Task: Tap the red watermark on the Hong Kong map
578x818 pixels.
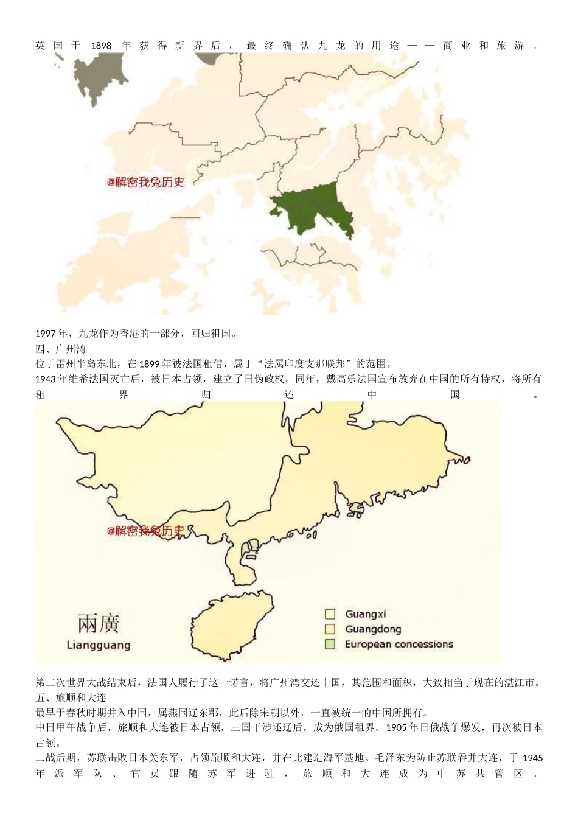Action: click(x=145, y=182)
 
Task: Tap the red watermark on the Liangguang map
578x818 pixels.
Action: click(x=145, y=531)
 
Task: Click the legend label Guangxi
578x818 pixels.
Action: click(x=366, y=614)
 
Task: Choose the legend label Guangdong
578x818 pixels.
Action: click(x=373, y=629)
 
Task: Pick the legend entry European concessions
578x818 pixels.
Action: click(x=399, y=644)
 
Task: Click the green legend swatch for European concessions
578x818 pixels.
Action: click(x=330, y=644)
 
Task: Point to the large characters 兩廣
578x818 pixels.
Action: click(x=99, y=623)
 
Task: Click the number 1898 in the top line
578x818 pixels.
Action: click(x=101, y=46)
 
